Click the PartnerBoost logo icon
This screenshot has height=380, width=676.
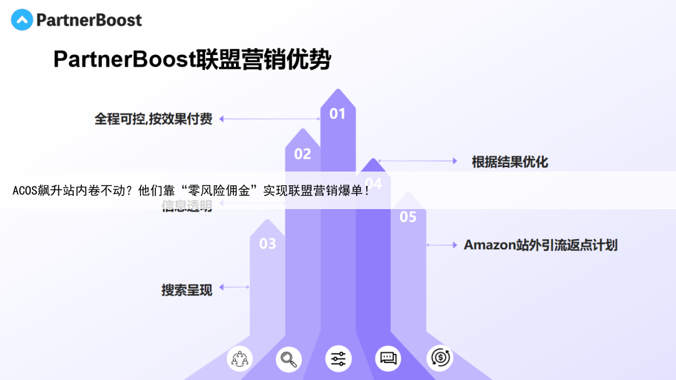pos(22,20)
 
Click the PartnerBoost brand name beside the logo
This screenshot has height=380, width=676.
pos(89,20)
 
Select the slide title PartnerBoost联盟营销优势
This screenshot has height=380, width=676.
pos(192,59)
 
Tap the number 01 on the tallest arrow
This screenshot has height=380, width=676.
pos(337,113)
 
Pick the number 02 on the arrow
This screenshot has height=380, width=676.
pos(302,154)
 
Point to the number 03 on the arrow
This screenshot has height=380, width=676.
pos(267,244)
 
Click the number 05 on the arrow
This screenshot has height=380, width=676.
pos(408,217)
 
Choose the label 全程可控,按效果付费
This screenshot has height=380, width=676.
pos(153,118)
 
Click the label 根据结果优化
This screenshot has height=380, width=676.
pos(510,162)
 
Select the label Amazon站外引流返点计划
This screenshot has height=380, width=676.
pos(540,245)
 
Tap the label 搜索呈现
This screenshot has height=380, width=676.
pos(187,290)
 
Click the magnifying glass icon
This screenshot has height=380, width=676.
pos(289,359)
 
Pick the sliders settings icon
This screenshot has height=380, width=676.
pos(339,359)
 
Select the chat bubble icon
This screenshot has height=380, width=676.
pos(388,359)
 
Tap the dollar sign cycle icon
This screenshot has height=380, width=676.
pos(439,359)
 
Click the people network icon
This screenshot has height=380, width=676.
pos(240,359)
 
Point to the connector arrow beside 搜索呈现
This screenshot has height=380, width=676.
pos(234,287)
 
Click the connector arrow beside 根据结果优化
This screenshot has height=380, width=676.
pos(417,161)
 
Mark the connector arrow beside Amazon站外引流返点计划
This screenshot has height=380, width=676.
pos(442,245)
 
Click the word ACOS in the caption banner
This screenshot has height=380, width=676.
pos(24,191)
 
